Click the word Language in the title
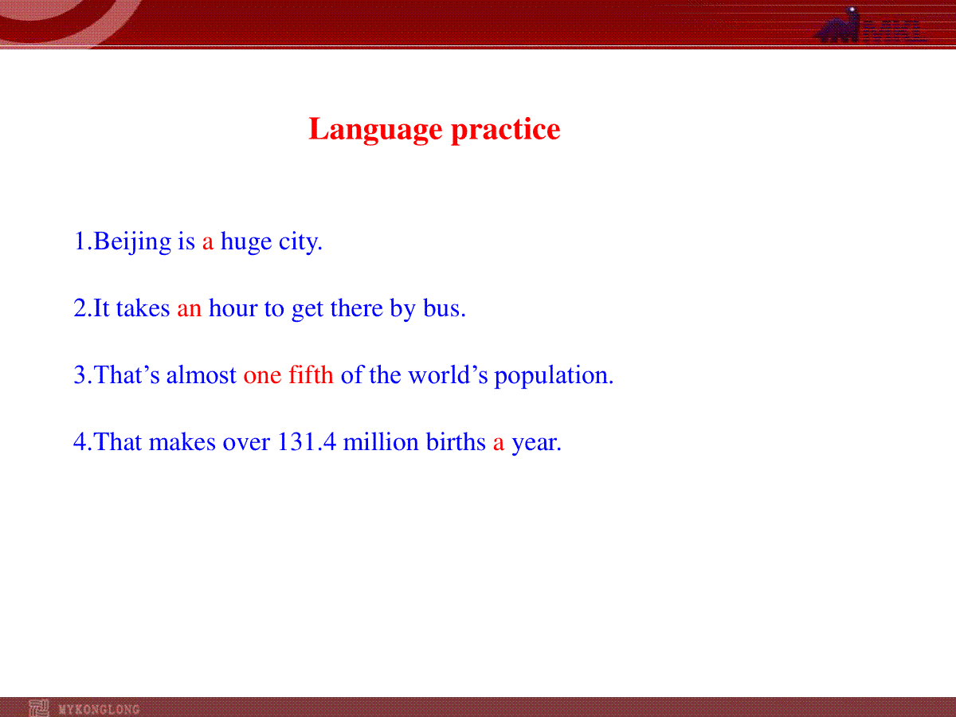pos(375,130)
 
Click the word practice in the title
pos(506,130)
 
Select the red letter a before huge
pos(208,243)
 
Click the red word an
pos(190,310)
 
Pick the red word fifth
pos(311,374)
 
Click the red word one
pos(262,377)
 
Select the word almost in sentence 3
pos(201,374)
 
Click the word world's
pos(448,374)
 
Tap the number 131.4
pos(307,442)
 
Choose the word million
pos(381,442)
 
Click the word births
pos(456,442)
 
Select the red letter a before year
pos(499,444)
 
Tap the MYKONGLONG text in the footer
pos(100,710)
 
